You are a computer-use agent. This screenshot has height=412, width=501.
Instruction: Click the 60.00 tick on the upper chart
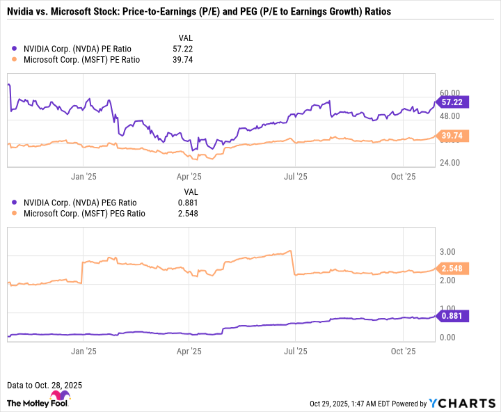[x=451, y=92]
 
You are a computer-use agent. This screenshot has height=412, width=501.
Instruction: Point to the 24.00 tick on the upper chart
[x=451, y=163]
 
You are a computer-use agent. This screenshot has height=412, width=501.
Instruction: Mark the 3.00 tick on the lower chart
[x=449, y=251]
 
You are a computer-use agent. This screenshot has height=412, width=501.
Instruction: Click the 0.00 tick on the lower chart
[x=449, y=338]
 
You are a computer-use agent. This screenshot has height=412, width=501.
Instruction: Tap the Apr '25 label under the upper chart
[x=189, y=177]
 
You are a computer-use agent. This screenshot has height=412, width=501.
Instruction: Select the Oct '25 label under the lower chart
[x=404, y=352]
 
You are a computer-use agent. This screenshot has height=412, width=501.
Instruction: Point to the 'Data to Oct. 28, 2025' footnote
[x=44, y=385]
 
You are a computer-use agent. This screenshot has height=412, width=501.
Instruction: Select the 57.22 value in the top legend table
[x=183, y=49]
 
